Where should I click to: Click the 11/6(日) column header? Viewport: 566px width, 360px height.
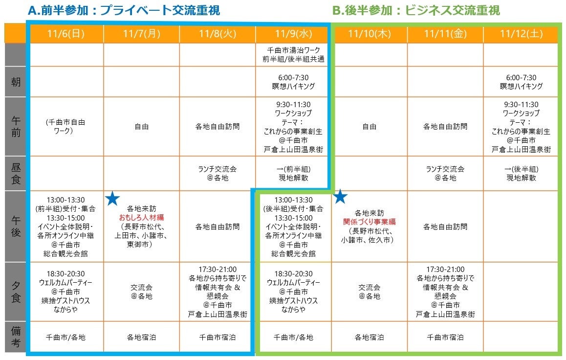66,33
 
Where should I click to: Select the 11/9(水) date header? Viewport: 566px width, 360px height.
293,33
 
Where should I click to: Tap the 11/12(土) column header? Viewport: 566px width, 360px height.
521,33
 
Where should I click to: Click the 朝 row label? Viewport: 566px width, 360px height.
16,82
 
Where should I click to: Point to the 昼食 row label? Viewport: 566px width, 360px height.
16,173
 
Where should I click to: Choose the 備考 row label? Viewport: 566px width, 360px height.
16,337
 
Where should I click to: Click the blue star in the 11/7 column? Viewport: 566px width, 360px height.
112,198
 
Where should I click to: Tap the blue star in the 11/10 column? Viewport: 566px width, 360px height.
340,197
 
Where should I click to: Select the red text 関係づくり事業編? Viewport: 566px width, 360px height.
369,222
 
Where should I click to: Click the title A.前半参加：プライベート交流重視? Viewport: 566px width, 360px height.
124,10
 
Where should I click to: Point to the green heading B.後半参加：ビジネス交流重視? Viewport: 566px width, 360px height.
415,10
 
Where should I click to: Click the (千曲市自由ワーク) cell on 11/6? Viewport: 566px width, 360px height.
66,126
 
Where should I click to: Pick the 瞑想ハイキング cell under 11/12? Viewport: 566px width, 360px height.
521,82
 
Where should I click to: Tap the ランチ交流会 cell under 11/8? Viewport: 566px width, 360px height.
217,173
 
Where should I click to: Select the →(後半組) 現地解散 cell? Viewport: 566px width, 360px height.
521,173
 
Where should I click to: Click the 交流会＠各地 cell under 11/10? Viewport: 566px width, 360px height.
369,292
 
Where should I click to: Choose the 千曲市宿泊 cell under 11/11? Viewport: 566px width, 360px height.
445,337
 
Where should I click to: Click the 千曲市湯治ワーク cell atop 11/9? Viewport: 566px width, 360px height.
293,55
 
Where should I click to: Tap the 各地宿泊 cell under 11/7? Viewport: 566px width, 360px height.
141,337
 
